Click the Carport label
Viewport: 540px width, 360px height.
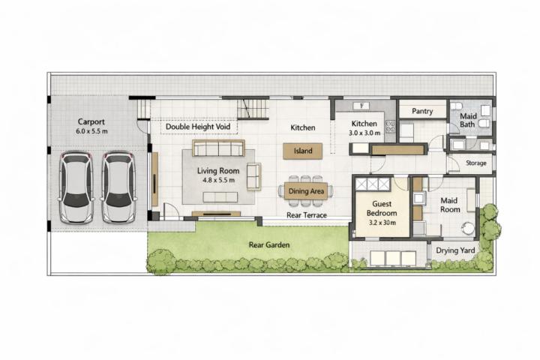tap(91, 121)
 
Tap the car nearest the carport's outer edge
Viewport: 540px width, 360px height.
tap(76, 187)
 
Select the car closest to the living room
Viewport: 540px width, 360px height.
tap(118, 187)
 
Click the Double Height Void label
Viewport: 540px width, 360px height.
tap(198, 127)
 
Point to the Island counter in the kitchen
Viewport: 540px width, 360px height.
tap(303, 151)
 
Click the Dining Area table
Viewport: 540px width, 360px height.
tap(306, 191)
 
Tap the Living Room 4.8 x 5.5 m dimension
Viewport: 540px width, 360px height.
tap(219, 180)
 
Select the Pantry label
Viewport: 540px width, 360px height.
tap(422, 111)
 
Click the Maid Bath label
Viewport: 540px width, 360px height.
tap(468, 120)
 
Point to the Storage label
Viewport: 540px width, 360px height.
tap(476, 163)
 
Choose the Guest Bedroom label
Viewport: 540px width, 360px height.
tap(382, 208)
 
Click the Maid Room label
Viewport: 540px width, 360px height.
tap(450, 205)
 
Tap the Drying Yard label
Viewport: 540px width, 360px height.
tap(455, 250)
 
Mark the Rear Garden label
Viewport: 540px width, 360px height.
tap(269, 245)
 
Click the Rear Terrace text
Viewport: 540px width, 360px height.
tap(307, 215)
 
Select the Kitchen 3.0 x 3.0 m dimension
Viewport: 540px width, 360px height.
tap(364, 133)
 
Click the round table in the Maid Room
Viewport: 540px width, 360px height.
tap(468, 228)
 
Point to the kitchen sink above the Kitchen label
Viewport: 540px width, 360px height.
tap(361, 106)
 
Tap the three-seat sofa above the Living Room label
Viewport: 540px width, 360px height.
tap(218, 148)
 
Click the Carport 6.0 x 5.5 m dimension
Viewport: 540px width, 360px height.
tap(91, 131)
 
